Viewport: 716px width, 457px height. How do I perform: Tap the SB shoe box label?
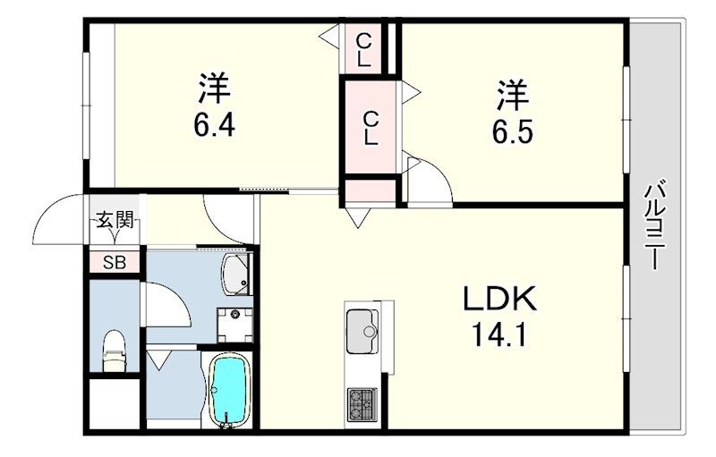pyautogui.click(x=115, y=262)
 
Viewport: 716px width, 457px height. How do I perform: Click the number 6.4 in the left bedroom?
pyautogui.click(x=214, y=127)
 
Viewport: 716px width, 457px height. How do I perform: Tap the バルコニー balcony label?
pyautogui.click(x=652, y=225)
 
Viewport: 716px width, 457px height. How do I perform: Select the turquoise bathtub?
pyautogui.click(x=231, y=390)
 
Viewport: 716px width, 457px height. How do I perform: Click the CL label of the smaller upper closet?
pyautogui.click(x=363, y=48)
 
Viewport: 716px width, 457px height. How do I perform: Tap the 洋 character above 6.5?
pyautogui.click(x=512, y=93)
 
